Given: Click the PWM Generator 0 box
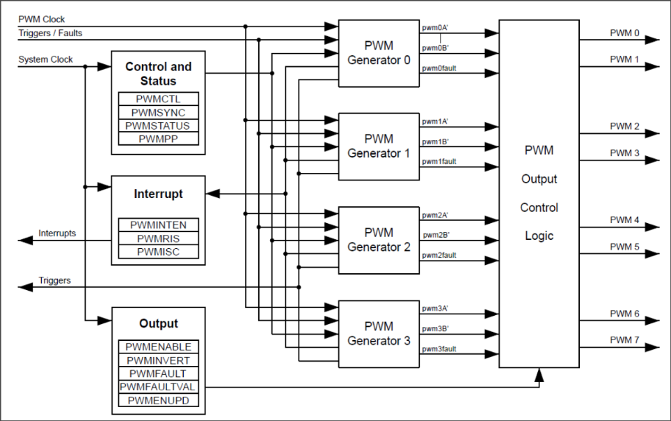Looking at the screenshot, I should pyautogui.click(x=379, y=53).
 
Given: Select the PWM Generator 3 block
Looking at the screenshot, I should pyautogui.click(x=379, y=333).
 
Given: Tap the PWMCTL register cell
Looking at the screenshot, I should pyautogui.click(x=158, y=99).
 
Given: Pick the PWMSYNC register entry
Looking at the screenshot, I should pyautogui.click(x=158, y=112).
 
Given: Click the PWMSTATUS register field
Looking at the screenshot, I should pyautogui.click(x=158, y=125).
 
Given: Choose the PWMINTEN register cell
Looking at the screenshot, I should pyautogui.click(x=158, y=224).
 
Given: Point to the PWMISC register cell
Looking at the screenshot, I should pyautogui.click(x=158, y=252).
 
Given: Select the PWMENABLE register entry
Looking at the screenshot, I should pyautogui.click(x=158, y=346).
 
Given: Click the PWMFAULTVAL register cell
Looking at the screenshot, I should pyautogui.click(x=158, y=387).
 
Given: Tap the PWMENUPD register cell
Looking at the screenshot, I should pyautogui.click(x=158, y=400).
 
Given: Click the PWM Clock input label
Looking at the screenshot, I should pyautogui.click(x=42, y=20).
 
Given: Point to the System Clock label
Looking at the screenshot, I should pyautogui.click(x=46, y=60).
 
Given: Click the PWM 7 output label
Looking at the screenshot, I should pyautogui.click(x=624, y=339).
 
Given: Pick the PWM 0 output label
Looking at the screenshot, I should pyautogui.click(x=624, y=33).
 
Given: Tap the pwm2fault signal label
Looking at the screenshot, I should pyautogui.click(x=439, y=255).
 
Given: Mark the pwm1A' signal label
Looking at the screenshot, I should pyautogui.click(x=435, y=121).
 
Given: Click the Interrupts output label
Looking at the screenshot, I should pyautogui.click(x=57, y=233).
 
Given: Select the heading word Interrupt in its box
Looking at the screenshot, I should pyautogui.click(x=158, y=194).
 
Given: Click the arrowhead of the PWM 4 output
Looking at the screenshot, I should pyautogui.click(x=652, y=227).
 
